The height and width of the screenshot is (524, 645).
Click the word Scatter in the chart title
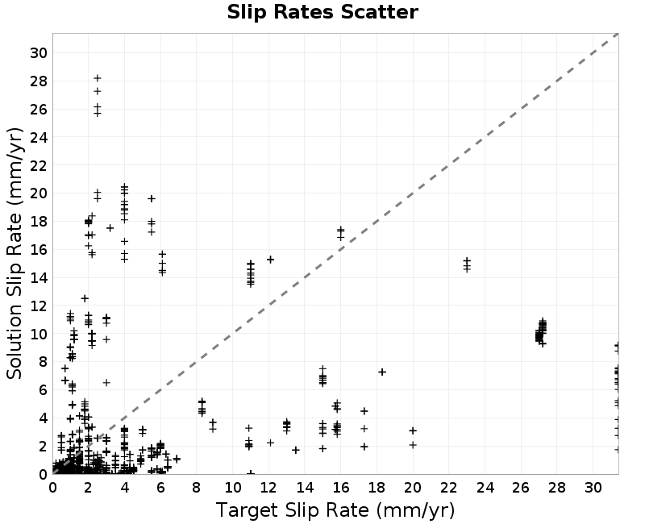379,12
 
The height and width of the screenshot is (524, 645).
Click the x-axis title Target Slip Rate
292,510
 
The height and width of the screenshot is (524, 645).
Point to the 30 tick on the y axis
39,52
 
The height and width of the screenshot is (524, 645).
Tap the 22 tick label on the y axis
39,165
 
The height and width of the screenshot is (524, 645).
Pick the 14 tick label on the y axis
39,277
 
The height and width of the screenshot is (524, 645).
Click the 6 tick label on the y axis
44,390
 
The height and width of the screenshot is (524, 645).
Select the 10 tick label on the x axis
233,488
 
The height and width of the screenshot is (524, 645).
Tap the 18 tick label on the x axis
377,488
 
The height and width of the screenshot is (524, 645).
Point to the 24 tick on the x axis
485,488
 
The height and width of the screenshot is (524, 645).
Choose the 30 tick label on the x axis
593,488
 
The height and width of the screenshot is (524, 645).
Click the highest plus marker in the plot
98,78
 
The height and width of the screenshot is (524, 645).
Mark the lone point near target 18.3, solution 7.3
382,372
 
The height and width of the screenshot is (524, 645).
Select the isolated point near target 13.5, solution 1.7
296,450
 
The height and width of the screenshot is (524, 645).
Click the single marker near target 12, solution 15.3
270,260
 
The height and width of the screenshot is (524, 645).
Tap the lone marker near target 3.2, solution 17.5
110,228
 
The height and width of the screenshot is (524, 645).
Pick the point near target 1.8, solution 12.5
85,298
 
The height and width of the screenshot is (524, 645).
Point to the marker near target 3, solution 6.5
106,382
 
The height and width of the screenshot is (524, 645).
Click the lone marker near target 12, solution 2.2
270,443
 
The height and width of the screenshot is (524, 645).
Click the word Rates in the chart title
304,12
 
